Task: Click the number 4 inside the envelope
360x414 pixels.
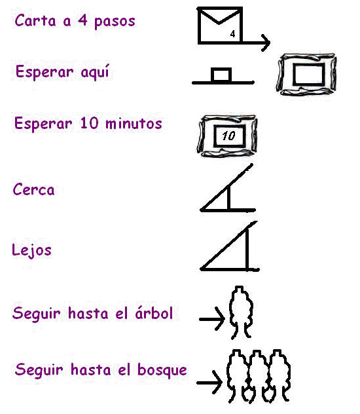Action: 232,34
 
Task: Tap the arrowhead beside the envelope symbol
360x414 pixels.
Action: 266,43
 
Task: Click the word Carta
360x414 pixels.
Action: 35,20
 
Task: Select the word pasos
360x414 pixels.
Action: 115,22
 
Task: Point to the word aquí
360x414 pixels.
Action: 95,72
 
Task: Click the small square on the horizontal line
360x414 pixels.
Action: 221,75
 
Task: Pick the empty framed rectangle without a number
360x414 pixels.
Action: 306,74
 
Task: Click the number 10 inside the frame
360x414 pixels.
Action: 228,136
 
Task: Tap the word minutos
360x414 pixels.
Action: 134,124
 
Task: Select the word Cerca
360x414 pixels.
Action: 33,189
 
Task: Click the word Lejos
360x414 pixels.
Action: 31,250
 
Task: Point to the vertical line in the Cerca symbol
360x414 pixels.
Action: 228,198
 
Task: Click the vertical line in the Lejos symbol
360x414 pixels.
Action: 247,249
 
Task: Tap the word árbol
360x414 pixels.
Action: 154,313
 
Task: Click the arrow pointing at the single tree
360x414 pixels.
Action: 212,319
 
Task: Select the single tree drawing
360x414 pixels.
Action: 241,312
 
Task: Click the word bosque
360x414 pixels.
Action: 162,370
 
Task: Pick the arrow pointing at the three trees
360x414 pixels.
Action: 209,383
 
